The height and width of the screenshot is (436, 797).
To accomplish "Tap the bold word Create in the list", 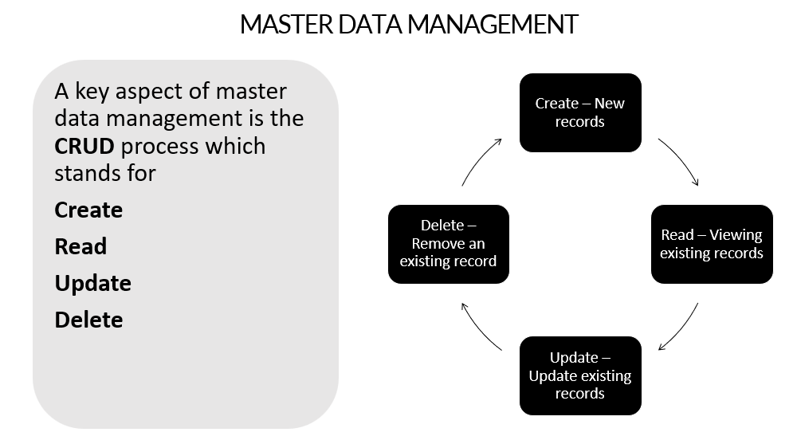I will coord(88,210).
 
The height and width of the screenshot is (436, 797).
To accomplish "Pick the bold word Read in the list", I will coord(80,247).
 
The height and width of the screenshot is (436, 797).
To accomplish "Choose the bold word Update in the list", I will coord(92,284).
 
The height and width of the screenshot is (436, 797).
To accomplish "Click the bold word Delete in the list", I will coord(88,320).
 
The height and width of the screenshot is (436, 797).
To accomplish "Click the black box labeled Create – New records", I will coord(580,112).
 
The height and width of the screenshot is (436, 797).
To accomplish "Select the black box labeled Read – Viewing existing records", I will coord(712,244).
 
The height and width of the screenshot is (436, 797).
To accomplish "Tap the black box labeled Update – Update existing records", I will coord(580,375).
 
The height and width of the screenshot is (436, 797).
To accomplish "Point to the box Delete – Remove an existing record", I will coord(449,244).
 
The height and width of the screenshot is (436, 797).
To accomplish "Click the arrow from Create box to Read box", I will coord(680,161).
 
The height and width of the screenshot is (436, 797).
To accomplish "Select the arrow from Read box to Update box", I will coord(680,328).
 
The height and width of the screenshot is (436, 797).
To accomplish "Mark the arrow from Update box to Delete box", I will coord(480,328).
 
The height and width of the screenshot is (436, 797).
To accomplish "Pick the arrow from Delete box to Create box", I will coord(481,161).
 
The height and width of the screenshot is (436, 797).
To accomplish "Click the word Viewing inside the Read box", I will coord(736,235).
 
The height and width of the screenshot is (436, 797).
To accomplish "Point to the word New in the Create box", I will coord(611,104).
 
